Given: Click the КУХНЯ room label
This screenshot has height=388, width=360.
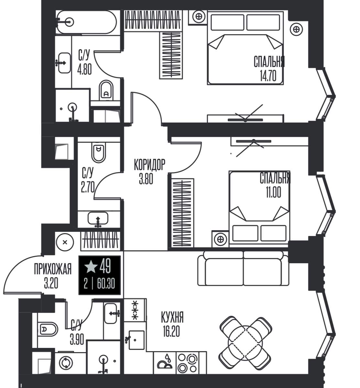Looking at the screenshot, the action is point(172,317).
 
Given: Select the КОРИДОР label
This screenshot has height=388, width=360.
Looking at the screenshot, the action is point(149,165).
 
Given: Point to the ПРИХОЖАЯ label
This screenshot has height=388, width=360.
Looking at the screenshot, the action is point(53,269).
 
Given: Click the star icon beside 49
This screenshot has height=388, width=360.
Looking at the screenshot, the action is point(91,267).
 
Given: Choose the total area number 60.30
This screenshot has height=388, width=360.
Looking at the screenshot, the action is point(106,284).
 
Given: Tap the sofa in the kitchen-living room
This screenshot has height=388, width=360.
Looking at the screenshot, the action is point(243,268).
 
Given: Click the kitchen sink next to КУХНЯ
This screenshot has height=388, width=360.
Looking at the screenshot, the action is point(136,340).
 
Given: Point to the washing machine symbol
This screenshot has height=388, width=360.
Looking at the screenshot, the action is point(66,363).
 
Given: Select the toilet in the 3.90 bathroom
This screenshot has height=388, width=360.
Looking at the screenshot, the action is point(48,329).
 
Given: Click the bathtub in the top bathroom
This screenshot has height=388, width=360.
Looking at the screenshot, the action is point(86,22).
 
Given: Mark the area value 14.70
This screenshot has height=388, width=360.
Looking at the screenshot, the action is point(268,76).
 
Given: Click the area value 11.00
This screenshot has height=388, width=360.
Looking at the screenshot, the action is point(273,192).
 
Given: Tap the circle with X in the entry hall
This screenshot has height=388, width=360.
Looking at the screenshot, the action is point(65,242).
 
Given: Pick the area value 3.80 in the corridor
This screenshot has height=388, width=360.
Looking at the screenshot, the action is point(146,179).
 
